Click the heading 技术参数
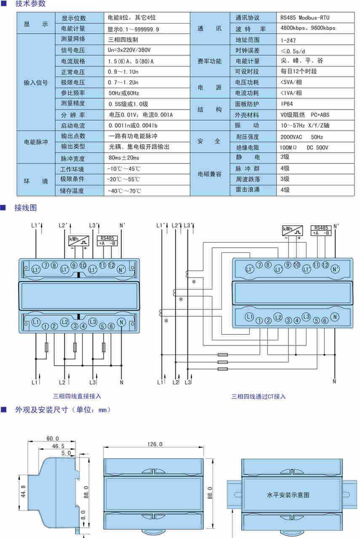(x=30, y=4)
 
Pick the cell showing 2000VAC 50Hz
(x=302, y=137)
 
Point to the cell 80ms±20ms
(x=124, y=158)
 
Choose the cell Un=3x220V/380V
(x=129, y=50)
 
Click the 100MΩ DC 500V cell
(x=304, y=147)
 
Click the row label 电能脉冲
(x=36, y=142)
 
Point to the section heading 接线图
(x=26, y=208)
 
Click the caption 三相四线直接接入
(x=77, y=396)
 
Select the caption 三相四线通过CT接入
(x=259, y=396)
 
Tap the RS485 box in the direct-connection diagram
(x=107, y=241)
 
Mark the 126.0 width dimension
(x=155, y=444)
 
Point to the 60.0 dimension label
(x=53, y=439)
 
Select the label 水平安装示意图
(x=288, y=495)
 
